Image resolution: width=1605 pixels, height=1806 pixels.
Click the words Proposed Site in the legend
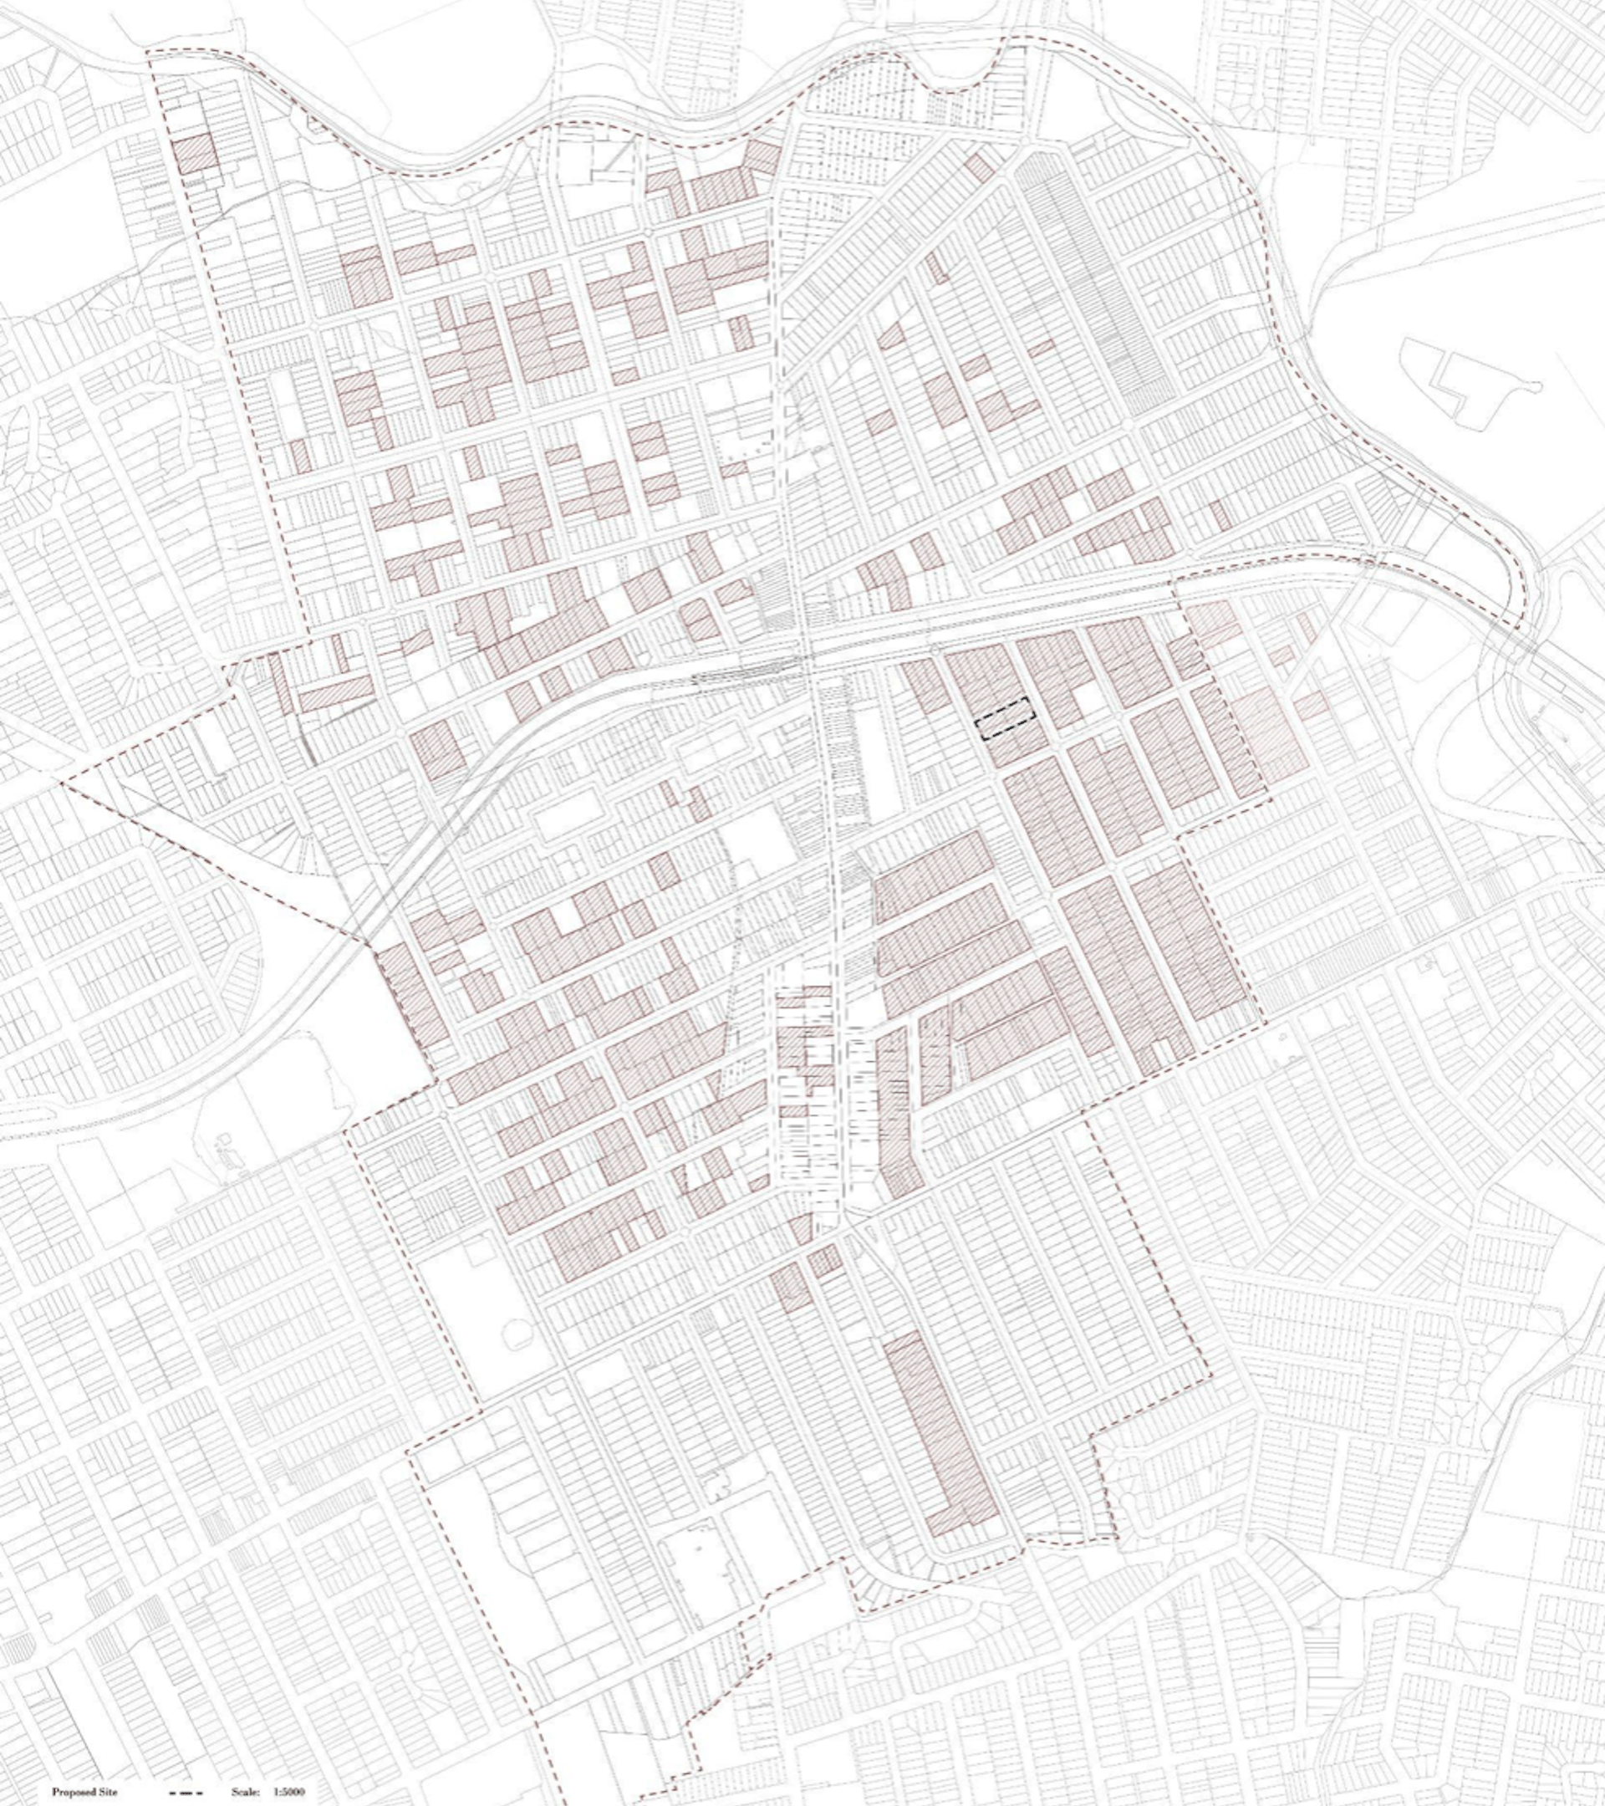point(84,1785)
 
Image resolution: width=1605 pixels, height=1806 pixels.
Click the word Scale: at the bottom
point(245,1785)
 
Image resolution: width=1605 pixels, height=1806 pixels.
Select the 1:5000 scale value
point(289,1785)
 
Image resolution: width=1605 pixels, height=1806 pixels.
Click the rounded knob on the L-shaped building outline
point(1533,386)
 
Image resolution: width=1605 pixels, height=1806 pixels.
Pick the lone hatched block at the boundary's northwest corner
point(194,156)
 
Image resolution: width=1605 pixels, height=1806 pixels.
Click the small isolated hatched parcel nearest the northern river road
point(979,167)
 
